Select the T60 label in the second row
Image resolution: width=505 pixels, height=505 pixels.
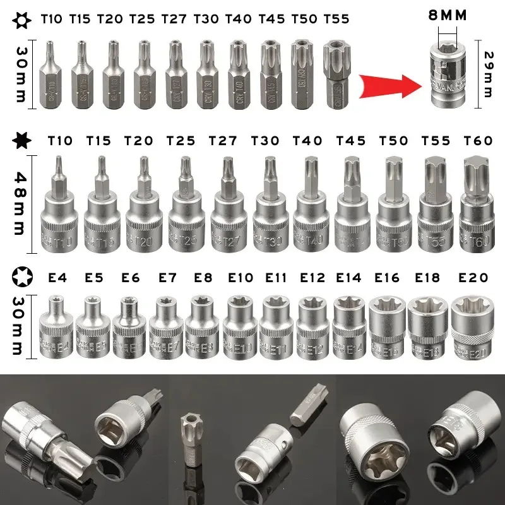(x=478, y=140)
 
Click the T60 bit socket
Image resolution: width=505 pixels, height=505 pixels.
(x=477, y=202)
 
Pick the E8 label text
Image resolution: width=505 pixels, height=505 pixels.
(x=204, y=277)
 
